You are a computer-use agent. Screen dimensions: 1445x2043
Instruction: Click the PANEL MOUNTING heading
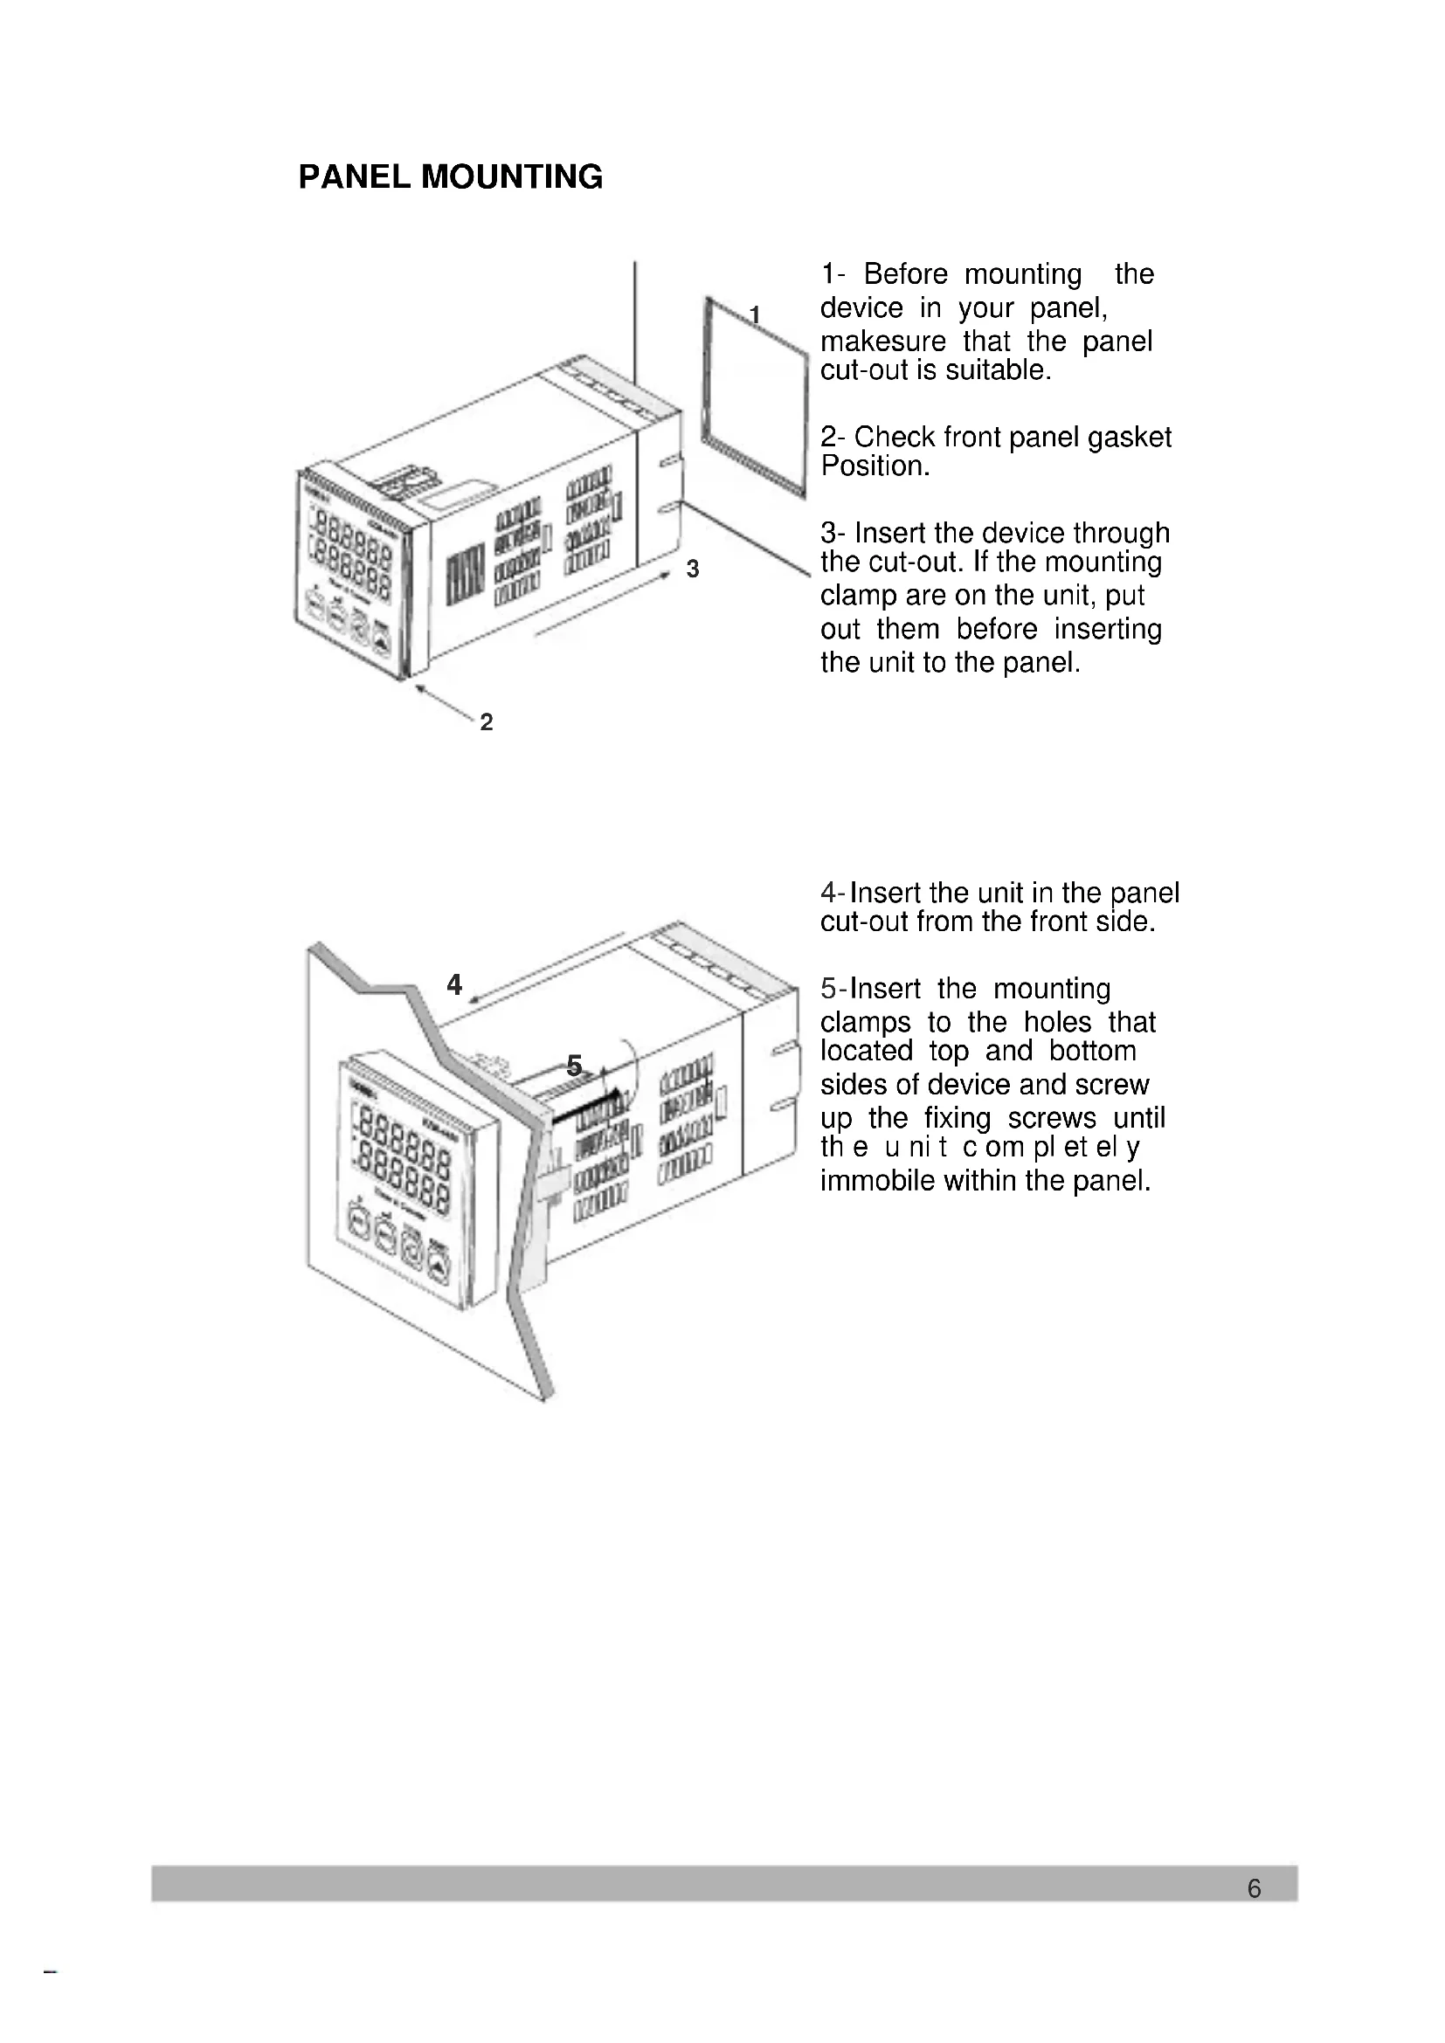[450, 177]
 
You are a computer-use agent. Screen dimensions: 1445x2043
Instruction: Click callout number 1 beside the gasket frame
[755, 314]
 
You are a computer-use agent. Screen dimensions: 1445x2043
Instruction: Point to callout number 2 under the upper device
[486, 721]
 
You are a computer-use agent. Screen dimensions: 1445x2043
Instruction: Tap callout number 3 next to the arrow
[693, 569]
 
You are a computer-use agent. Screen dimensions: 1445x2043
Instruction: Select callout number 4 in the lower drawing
[454, 984]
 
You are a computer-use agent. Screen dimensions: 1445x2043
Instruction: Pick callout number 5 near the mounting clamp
[575, 1064]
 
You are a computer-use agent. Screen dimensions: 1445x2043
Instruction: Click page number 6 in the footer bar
[1254, 1888]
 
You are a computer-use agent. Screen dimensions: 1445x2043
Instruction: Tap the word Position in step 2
[873, 466]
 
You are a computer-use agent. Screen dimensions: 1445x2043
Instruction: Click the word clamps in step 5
[865, 1023]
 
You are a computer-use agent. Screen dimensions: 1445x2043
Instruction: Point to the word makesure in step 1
[882, 342]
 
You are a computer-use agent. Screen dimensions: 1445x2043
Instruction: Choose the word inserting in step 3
[1108, 629]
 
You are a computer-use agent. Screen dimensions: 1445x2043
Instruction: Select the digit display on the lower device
[402, 1152]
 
